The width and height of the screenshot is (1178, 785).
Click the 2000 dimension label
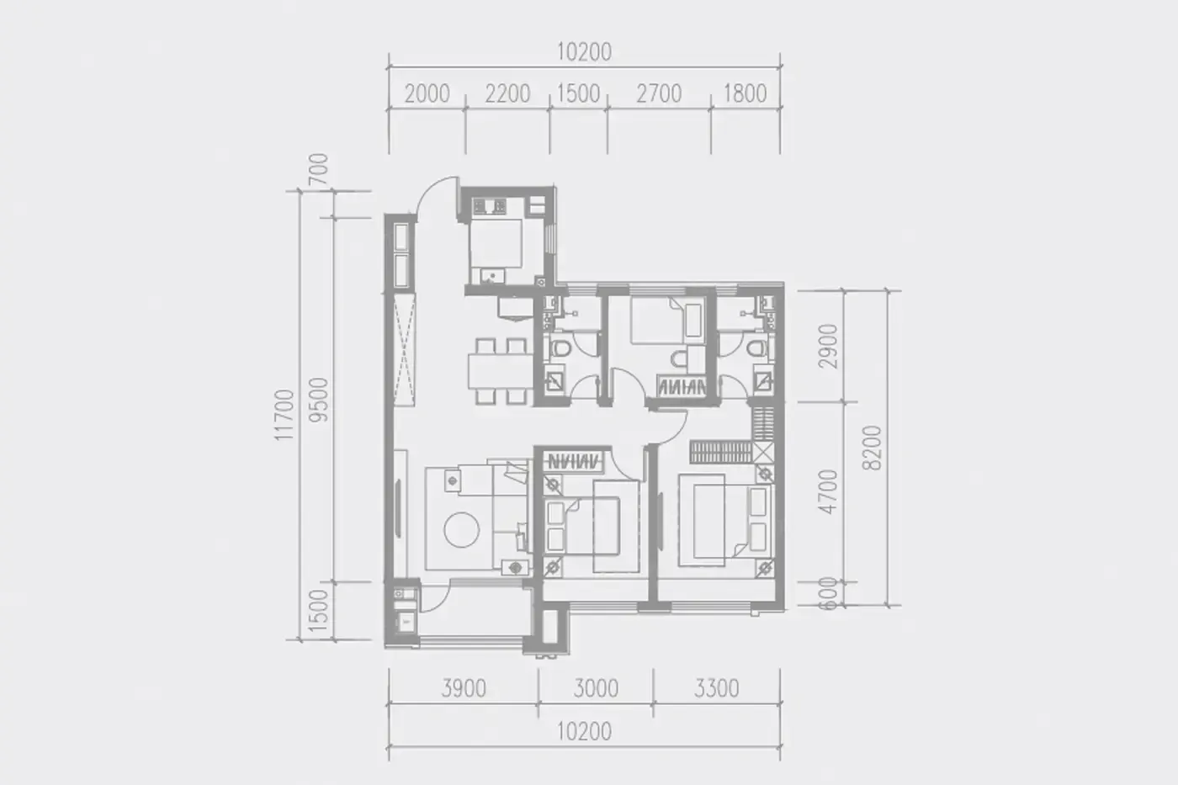click(x=427, y=94)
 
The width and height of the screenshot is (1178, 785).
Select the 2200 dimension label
click(x=507, y=94)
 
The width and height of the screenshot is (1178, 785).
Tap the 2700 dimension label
click(x=659, y=94)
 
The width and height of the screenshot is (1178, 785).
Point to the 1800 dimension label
click(x=746, y=93)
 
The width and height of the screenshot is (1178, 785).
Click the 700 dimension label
click(x=319, y=169)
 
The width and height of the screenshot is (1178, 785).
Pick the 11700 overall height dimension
click(x=284, y=415)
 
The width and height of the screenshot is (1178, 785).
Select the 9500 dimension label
click(x=319, y=400)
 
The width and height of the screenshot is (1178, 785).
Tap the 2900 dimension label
click(x=828, y=347)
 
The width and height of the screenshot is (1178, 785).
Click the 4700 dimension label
click(x=828, y=491)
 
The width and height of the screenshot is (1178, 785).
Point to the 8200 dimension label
click(x=872, y=448)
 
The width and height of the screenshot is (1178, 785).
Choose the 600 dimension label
click(x=828, y=594)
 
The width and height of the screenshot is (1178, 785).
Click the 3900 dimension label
click(x=464, y=689)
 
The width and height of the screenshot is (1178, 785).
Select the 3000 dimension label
click(x=596, y=689)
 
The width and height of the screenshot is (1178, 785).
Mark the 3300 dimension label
click(x=716, y=689)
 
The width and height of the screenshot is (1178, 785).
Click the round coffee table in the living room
click(x=461, y=530)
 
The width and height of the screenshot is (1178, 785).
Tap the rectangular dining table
click(x=500, y=371)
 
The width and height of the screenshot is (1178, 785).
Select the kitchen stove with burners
click(x=489, y=205)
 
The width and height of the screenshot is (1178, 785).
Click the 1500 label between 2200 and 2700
click(x=578, y=94)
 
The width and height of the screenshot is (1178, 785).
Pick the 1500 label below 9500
click(x=319, y=611)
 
